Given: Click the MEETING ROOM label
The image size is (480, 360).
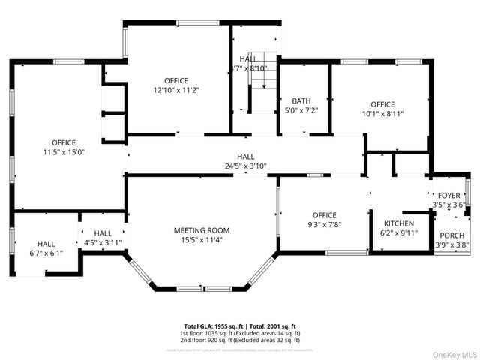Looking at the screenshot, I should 202,230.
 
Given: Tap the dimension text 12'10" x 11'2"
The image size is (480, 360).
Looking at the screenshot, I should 176,90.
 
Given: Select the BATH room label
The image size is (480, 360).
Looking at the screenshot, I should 301,100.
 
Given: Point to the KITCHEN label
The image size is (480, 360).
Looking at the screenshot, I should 399,223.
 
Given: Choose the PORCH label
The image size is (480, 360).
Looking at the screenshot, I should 451,235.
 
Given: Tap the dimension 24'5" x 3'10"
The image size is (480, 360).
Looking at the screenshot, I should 246,166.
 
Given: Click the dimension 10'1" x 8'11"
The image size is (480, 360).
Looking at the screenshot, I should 382,114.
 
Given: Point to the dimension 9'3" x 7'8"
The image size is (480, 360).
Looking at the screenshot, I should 325,224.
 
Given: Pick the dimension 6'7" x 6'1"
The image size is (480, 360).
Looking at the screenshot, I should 46,253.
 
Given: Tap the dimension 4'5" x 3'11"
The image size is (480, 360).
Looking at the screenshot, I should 103,242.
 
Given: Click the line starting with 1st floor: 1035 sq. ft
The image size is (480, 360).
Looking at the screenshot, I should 239,333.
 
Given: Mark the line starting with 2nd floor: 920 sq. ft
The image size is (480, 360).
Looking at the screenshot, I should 239,339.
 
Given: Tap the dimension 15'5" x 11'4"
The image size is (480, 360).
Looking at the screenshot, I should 202,240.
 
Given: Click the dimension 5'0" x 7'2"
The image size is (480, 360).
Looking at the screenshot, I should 301,110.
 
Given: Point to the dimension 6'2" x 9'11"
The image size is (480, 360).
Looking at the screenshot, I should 399,233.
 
